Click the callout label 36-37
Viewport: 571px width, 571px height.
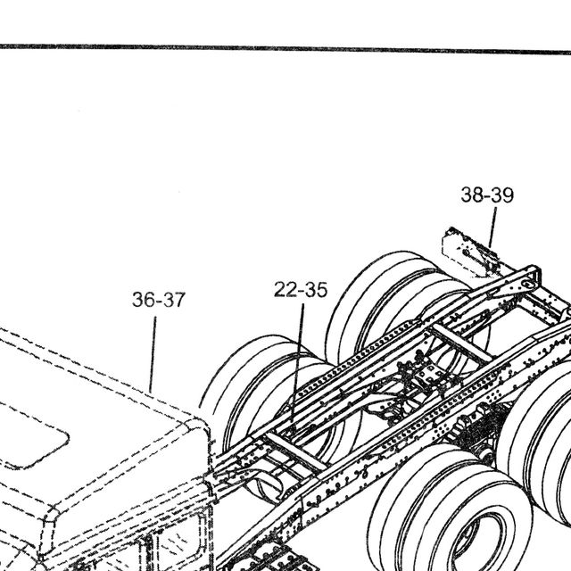coord(159,300)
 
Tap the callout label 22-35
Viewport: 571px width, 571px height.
coord(301,290)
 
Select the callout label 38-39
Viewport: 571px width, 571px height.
coord(487,194)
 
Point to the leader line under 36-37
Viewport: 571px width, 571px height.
coord(153,354)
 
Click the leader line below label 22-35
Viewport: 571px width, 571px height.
coord(297,364)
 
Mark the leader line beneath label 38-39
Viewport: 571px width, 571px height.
coord(492,228)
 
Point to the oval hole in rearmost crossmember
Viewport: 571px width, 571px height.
coord(527,283)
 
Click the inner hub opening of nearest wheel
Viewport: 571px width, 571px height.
coord(470,538)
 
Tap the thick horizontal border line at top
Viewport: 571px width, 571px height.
coord(285,48)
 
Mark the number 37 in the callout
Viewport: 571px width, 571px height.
coord(174,300)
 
